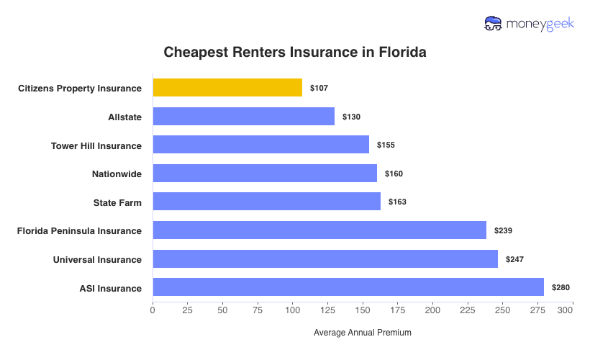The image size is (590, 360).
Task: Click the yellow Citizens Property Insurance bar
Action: coord(227,88)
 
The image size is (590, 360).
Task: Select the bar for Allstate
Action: coord(244,117)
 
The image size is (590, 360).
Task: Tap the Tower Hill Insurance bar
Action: coord(261,145)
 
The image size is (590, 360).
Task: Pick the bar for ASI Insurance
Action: coord(348,287)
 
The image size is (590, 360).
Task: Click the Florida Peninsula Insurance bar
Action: coord(319,230)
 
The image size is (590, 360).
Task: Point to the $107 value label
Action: coord(319,88)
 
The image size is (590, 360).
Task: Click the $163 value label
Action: coord(397,202)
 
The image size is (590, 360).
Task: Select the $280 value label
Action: coord(560,287)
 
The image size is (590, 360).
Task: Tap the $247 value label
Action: coord(514,258)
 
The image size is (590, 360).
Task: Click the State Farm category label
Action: coord(117,202)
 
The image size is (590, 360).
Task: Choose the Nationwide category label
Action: coord(117,174)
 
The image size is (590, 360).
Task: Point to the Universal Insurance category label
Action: coord(97,259)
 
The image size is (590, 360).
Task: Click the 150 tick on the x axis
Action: coord(362,310)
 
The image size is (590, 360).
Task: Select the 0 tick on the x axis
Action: coord(153,310)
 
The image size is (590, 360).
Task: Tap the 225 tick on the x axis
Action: coord(467,310)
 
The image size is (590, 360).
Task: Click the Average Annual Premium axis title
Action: coord(363,333)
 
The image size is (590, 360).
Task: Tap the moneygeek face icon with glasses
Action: coord(494,24)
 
